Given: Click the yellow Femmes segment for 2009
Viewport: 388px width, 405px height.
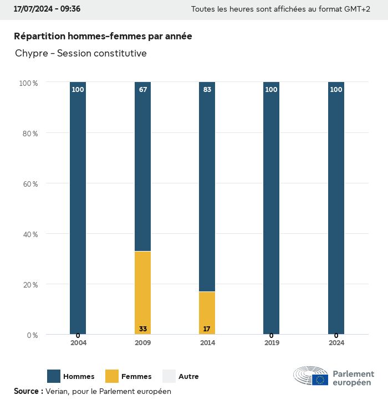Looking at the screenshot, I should click(x=142, y=293).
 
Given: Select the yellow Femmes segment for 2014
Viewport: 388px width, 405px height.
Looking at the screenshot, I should click(x=207, y=312).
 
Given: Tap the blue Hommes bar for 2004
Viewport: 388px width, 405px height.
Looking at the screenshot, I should click(x=78, y=208).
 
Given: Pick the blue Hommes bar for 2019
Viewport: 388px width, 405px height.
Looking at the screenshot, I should click(x=271, y=208).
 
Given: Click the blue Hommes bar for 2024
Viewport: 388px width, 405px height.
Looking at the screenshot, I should click(x=336, y=208).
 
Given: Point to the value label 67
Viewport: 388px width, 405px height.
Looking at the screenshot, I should click(x=143, y=90).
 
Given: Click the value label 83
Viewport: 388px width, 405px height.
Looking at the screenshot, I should click(x=207, y=90).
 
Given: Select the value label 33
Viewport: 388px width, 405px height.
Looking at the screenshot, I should click(x=143, y=329).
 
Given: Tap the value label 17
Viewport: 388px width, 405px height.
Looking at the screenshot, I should click(x=207, y=329).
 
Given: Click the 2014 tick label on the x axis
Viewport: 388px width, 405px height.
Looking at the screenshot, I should click(x=207, y=343).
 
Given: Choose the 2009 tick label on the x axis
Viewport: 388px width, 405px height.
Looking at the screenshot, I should click(x=143, y=343).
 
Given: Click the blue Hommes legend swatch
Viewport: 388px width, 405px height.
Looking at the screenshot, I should click(x=54, y=376).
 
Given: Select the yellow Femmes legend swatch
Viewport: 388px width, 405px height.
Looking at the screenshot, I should click(x=112, y=376).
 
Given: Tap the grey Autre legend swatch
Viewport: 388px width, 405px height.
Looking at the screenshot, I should click(x=169, y=376).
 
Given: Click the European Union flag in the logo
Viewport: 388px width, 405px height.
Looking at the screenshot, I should click(x=320, y=380).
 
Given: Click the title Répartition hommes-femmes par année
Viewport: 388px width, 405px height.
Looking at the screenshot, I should click(x=103, y=36).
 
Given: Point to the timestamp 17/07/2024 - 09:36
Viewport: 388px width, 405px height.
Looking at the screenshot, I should click(x=47, y=9).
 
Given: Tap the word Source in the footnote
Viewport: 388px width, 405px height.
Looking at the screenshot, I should click(x=25, y=391).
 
